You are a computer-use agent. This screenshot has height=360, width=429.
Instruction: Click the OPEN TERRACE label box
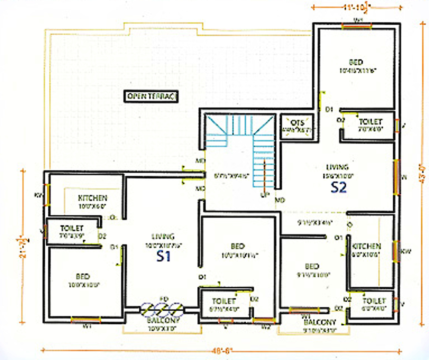pyautogui.click(x=151, y=96)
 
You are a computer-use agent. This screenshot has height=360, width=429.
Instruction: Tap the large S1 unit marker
pyautogui.click(x=163, y=256)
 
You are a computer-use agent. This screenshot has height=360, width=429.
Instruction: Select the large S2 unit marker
pyautogui.click(x=338, y=188)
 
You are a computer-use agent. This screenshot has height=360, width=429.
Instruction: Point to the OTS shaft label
pyautogui.click(x=297, y=122)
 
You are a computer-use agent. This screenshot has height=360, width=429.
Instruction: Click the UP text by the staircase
pyautogui.click(x=265, y=195)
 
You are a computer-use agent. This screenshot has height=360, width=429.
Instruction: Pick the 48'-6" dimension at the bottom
pyautogui.click(x=222, y=351)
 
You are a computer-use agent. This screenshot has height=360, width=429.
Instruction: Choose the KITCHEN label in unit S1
pyautogui.click(x=93, y=198)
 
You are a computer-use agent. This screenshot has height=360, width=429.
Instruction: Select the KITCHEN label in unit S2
pyautogui.click(x=367, y=246)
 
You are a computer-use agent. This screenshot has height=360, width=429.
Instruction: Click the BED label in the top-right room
pyautogui.click(x=356, y=62)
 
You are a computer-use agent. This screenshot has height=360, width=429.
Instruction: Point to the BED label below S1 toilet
pyautogui.click(x=83, y=276)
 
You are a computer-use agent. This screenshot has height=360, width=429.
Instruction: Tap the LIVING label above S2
pyautogui.click(x=337, y=167)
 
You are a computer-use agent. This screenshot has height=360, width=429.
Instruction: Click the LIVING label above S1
pyautogui.click(x=163, y=236)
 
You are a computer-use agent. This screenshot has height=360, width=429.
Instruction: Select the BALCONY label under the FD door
pyautogui.click(x=163, y=320)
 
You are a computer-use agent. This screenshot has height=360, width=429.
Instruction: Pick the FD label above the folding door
pyautogui.click(x=164, y=299)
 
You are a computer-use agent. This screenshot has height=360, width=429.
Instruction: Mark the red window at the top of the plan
pyautogui.click(x=357, y=26)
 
